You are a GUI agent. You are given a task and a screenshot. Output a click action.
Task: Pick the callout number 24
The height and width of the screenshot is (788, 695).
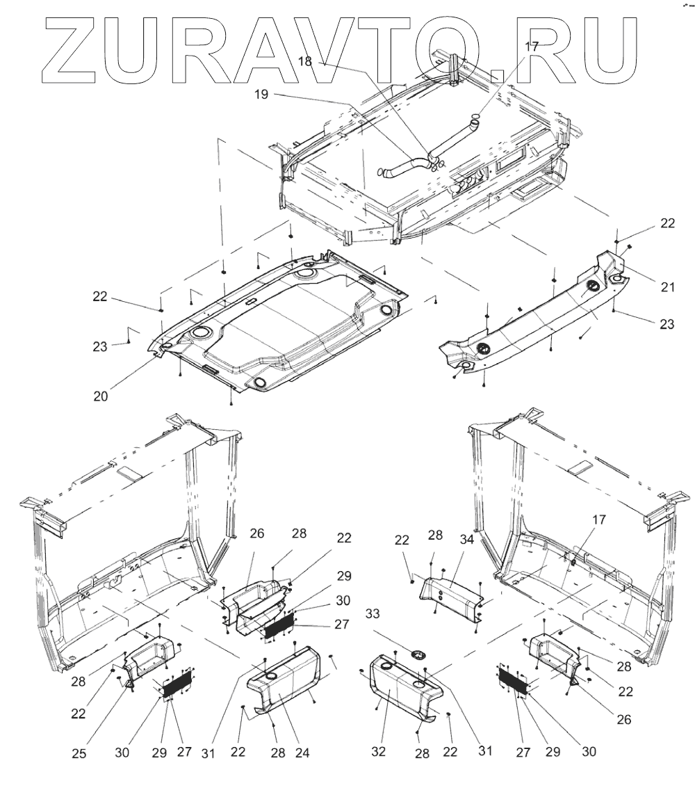pyautogui.click(x=301, y=751)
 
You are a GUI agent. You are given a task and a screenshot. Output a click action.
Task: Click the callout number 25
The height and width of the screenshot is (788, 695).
pyautogui.click(x=81, y=751)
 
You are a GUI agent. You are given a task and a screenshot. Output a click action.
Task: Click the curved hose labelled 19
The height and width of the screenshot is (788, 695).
pyautogui.click(x=407, y=168)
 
